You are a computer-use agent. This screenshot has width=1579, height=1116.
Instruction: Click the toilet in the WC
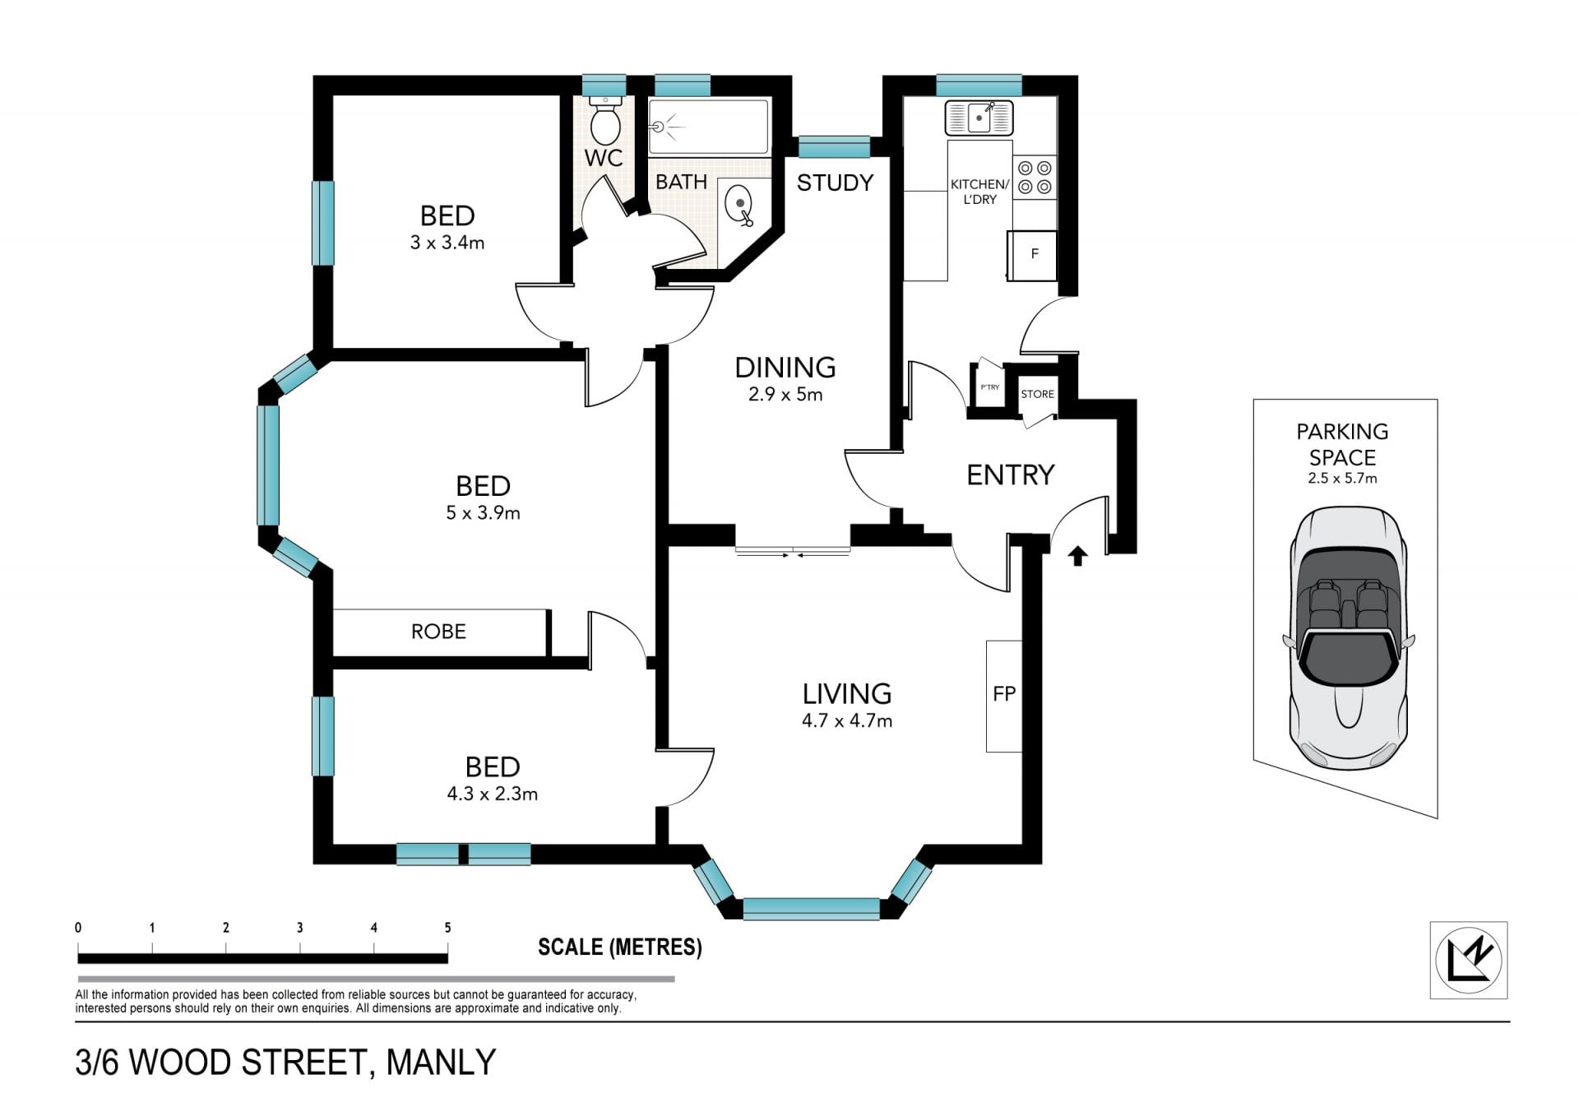(x=605, y=121)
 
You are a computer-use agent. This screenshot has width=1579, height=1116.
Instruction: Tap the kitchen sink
(x=979, y=118)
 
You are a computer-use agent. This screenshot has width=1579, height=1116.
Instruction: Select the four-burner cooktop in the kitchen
(x=1035, y=178)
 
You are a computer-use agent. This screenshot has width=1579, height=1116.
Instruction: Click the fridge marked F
(x=1033, y=254)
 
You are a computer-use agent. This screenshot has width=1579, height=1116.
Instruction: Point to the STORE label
(x=1037, y=394)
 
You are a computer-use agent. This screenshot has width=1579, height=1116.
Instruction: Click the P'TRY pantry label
(x=989, y=387)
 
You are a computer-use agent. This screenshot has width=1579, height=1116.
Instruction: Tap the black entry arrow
(x=1077, y=557)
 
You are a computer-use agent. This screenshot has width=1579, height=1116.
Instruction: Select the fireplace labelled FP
(x=1004, y=696)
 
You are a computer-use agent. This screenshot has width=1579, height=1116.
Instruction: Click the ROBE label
(x=438, y=632)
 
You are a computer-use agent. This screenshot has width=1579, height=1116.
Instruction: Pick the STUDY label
(x=835, y=183)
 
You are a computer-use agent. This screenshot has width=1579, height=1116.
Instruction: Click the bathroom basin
(x=740, y=206)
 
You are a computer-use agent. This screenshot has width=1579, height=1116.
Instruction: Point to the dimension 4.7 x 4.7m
(x=847, y=720)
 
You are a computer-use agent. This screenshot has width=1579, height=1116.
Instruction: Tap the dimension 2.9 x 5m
(x=785, y=394)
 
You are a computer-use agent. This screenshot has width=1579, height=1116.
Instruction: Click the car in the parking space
(x=1348, y=638)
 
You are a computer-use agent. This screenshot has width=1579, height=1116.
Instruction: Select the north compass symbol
(x=1468, y=960)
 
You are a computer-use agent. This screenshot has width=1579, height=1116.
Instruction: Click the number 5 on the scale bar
(x=448, y=928)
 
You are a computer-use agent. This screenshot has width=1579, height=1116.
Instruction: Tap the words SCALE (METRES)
(x=620, y=947)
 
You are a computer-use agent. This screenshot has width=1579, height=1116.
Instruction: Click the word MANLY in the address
(x=442, y=1063)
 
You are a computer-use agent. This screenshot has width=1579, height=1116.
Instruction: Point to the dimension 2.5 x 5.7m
(x=1342, y=478)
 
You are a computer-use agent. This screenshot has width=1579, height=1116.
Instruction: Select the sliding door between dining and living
(x=793, y=550)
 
